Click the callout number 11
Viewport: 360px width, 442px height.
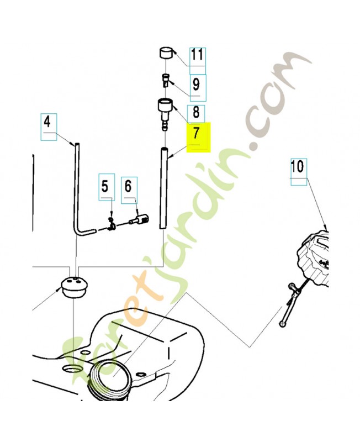pyautogui.click(x=197, y=55)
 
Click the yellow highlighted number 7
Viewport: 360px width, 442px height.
pyautogui.click(x=198, y=134)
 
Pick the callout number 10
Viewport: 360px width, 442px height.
pyautogui.click(x=298, y=166)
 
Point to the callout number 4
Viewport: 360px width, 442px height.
pyautogui.click(x=47, y=122)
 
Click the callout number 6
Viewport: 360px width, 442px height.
pyautogui.click(x=129, y=187)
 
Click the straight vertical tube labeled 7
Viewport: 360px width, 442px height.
pyautogui.click(x=163, y=188)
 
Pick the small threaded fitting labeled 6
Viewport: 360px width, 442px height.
pyautogui.click(x=138, y=220)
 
